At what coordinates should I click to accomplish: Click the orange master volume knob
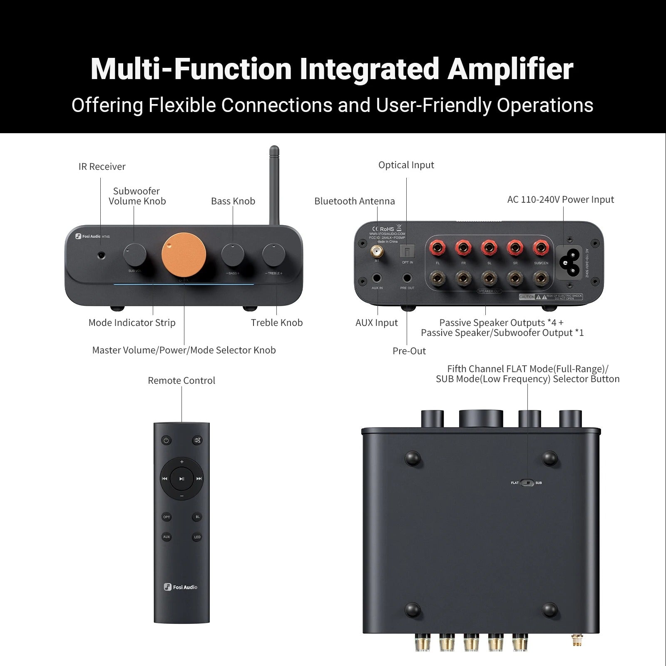pos(184,255)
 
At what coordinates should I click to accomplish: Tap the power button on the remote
pos(166,440)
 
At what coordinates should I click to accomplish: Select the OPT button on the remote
pos(166,517)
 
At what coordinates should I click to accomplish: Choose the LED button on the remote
pos(197,537)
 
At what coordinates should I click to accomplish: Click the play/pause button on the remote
pos(182,479)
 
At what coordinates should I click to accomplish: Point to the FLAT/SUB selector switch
pos(527,483)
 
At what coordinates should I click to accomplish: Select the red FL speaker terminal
pos(437,249)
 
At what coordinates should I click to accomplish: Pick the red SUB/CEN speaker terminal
pos(541,249)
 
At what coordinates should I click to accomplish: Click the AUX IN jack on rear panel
pos(377,278)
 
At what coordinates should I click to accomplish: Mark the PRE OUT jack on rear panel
pos(407,278)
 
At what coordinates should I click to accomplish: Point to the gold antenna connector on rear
pos(378,251)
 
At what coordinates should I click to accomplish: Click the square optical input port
pos(407,251)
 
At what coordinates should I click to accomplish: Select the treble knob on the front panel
pos(273,255)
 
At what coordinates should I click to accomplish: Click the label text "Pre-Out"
pos(409,351)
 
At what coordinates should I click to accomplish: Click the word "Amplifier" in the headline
pos(510,69)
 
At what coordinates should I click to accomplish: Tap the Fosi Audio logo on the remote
pos(181,587)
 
